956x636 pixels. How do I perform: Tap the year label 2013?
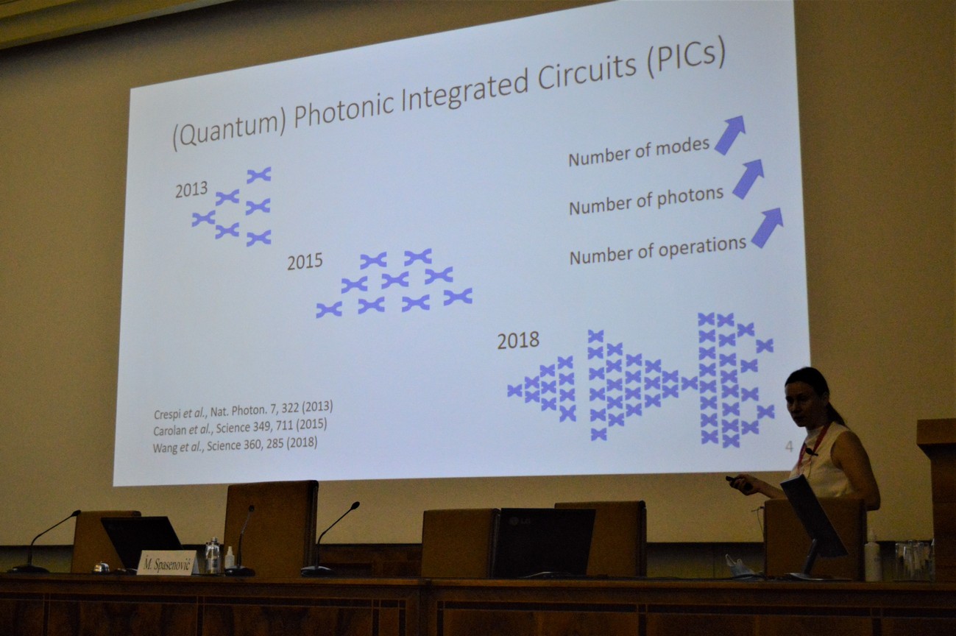pos(191,189)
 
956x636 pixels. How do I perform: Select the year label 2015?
pos(305,261)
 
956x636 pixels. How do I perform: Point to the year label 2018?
pos(518,340)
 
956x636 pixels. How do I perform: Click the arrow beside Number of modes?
pos(730,135)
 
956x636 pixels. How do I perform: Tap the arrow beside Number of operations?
pos(767,227)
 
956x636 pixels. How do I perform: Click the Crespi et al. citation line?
pos(244,409)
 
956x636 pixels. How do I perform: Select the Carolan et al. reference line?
pos(240,427)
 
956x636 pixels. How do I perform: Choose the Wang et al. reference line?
pos(236,445)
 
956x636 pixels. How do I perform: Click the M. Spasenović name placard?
pos(167,563)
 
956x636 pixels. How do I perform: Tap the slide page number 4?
pos(789,447)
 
